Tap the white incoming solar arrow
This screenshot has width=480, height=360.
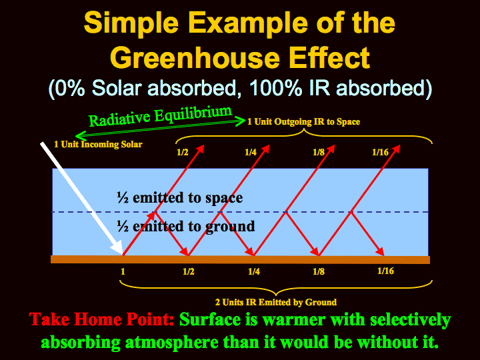pyautogui.click(x=81, y=199)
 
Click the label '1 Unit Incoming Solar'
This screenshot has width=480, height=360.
pyautogui.click(x=98, y=144)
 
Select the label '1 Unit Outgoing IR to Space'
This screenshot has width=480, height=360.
pyautogui.click(x=304, y=122)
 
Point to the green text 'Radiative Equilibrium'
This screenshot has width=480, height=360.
pyautogui.click(x=160, y=116)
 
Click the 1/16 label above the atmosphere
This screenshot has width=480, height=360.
pyautogui.click(x=380, y=152)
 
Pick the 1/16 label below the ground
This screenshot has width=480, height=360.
pyautogui.click(x=386, y=271)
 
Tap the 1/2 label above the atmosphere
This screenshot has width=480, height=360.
pyautogui.click(x=183, y=152)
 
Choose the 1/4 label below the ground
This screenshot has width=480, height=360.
pyautogui.click(x=254, y=271)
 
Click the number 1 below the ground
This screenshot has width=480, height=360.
pyautogui.click(x=123, y=271)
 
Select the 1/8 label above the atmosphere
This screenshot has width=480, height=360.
pyautogui.click(x=319, y=152)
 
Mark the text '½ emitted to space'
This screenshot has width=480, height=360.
pyautogui.click(x=180, y=198)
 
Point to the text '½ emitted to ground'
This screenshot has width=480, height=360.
pyautogui.click(x=186, y=227)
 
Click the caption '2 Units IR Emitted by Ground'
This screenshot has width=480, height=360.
pyautogui.click(x=276, y=303)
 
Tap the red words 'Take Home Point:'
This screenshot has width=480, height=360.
pyautogui.click(x=101, y=319)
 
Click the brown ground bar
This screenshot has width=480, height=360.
pyautogui.click(x=240, y=259)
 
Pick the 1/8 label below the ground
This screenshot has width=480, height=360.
pyautogui.click(x=319, y=271)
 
